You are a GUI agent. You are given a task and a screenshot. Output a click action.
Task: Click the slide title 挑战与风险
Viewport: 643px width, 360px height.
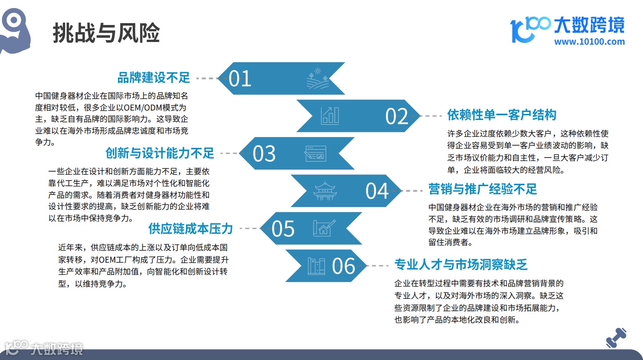pos(106,33)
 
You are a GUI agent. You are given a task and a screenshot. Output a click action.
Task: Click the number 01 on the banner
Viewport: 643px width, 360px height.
pos(240,78)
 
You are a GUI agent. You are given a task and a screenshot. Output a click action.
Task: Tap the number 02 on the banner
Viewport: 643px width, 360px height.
pos(397,116)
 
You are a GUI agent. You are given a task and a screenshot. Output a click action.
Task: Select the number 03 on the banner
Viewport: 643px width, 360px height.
pos(264,154)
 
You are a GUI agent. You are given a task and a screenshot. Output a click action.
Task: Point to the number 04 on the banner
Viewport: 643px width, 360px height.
pos(377,191)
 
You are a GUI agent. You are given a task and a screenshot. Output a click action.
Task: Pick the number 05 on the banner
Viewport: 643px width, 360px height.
pos(283,229)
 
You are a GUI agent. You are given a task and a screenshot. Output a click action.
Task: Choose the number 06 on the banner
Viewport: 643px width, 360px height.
pos(344,266)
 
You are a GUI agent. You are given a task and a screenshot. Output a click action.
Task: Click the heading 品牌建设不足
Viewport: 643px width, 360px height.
pos(154,77)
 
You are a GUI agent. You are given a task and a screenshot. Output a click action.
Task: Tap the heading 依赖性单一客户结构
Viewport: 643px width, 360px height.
pos(502,115)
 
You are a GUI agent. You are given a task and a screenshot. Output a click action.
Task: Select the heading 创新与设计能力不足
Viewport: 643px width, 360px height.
pos(160,153)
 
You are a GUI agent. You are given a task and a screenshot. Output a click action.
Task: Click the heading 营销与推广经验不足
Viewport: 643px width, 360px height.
pos(483,189)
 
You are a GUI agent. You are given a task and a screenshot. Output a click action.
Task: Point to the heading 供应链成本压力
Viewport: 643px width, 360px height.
pos(191,228)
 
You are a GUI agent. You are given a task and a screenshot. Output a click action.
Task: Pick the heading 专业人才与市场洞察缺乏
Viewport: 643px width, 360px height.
pos(461,264)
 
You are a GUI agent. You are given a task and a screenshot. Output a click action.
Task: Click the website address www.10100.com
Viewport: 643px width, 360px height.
pos(590,42)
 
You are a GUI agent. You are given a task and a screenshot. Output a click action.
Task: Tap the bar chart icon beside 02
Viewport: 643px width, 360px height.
pos(330,116)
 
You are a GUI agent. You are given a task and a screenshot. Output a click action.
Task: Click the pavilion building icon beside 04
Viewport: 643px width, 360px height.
pos(325,191)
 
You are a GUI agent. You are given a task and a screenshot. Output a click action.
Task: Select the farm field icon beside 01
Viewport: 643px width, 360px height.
pos(318,78)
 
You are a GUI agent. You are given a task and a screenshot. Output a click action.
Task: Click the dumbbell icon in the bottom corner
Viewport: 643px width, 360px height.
pos(616,338)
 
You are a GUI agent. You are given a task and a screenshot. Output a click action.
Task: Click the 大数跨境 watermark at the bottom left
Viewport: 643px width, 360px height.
pos(44,348)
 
